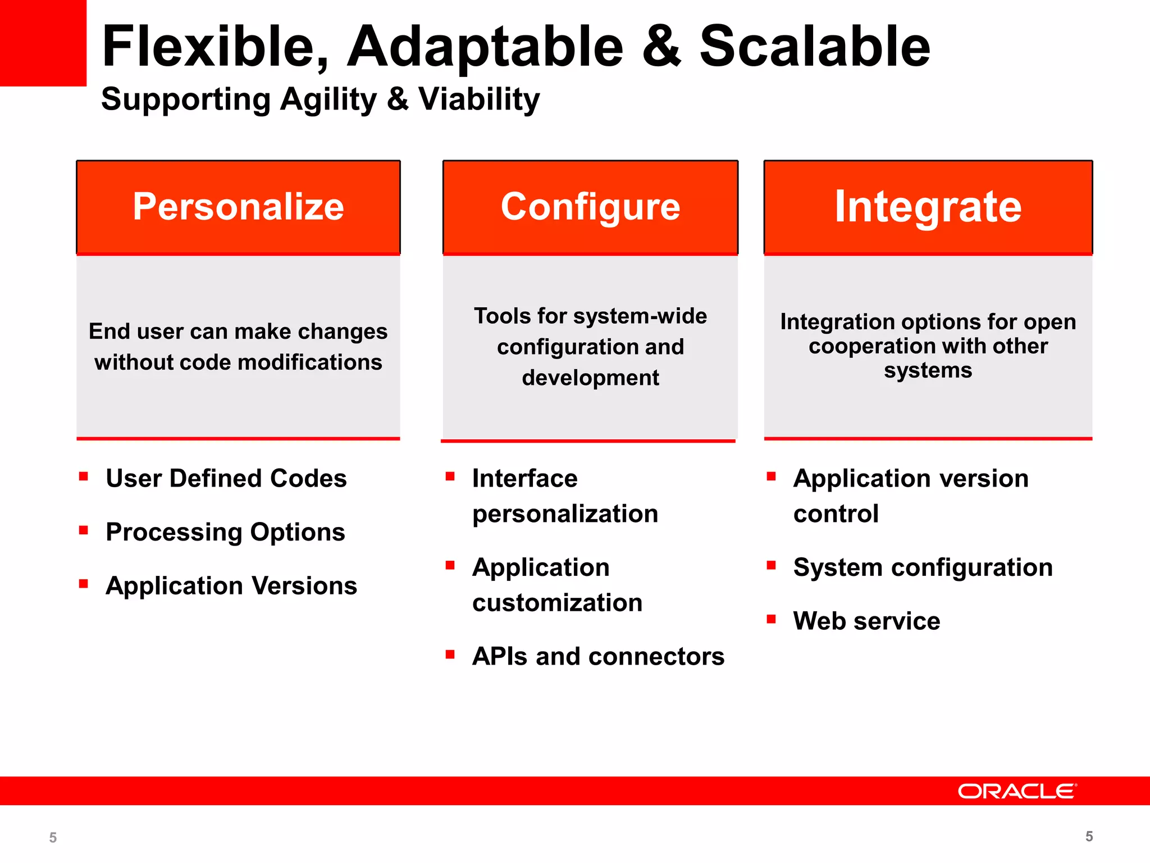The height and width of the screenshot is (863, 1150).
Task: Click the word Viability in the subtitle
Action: (479, 100)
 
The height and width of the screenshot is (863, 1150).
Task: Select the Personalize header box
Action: (238, 207)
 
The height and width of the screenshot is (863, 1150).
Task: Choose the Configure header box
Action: (590, 207)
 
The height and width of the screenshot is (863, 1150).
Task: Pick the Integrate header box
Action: (928, 207)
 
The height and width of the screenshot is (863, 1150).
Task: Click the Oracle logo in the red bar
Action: (1017, 791)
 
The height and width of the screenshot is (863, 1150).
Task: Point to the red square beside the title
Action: (43, 43)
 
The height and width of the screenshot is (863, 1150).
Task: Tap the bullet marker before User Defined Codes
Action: (84, 477)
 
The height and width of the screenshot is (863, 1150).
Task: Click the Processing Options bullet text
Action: (225, 532)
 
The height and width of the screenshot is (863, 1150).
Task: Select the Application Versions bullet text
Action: (231, 586)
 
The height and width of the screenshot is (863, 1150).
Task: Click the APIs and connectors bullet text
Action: (598, 656)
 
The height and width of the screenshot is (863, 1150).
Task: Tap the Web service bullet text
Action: (866, 621)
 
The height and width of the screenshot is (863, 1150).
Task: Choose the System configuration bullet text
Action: (923, 567)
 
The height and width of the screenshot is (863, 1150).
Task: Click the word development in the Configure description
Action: (590, 378)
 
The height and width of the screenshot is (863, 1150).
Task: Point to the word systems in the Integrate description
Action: (928, 371)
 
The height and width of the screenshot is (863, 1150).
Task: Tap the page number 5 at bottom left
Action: (53, 838)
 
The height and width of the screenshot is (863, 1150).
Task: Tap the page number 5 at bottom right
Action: (1089, 837)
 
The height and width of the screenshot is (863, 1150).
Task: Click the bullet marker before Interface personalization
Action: (450, 477)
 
